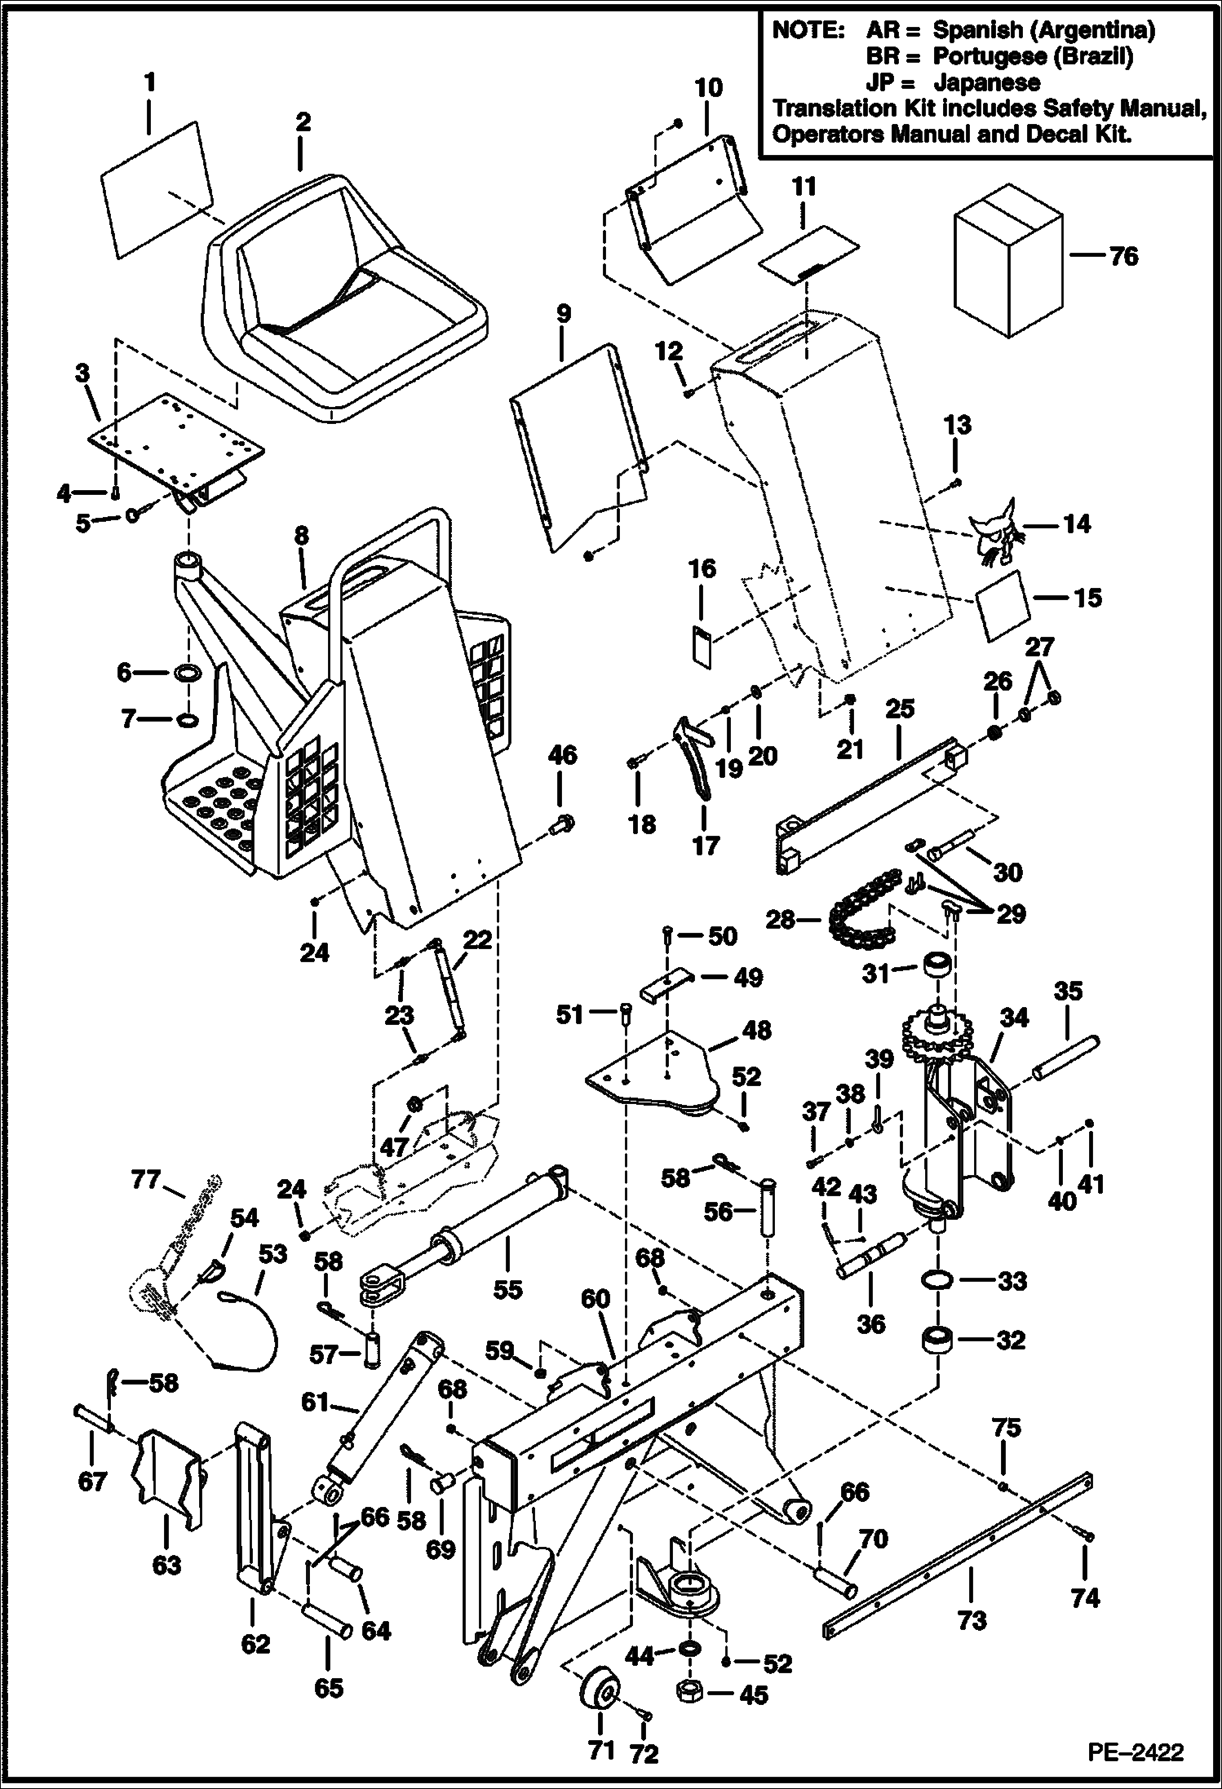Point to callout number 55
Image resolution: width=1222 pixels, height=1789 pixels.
coord(507,1289)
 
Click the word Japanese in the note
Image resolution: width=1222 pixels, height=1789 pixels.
coord(986,82)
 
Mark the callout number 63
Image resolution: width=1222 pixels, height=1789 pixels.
coord(166,1566)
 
